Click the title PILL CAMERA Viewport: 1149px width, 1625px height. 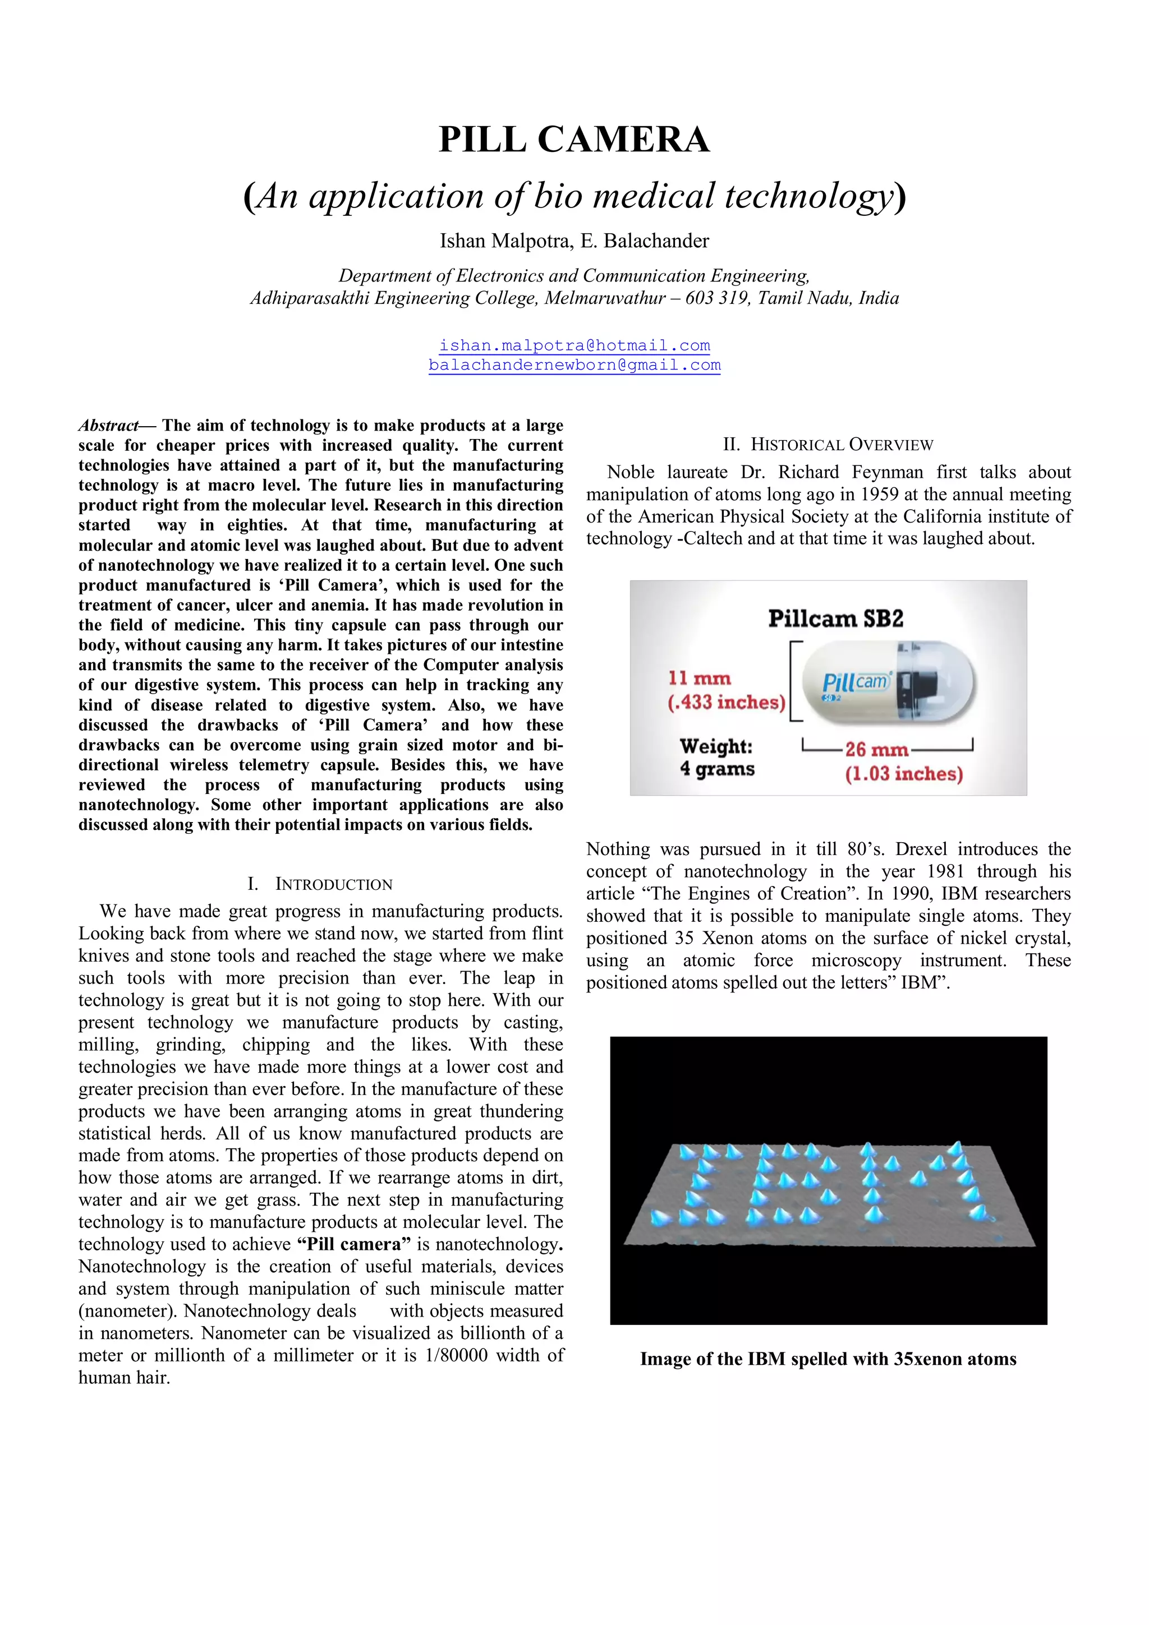click(x=573, y=140)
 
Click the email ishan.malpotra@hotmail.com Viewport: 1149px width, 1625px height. click(x=574, y=345)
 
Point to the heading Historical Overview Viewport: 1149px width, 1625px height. click(x=828, y=445)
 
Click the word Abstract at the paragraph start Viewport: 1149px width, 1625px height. click(x=108, y=426)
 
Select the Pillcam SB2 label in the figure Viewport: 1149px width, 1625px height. click(x=835, y=618)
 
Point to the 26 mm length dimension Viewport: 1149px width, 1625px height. click(x=876, y=750)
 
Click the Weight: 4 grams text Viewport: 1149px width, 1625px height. click(x=716, y=758)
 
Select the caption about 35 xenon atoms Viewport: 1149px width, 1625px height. click(x=828, y=1359)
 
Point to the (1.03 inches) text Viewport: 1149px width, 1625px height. click(x=903, y=774)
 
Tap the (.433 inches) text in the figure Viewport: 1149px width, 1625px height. click(x=727, y=702)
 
